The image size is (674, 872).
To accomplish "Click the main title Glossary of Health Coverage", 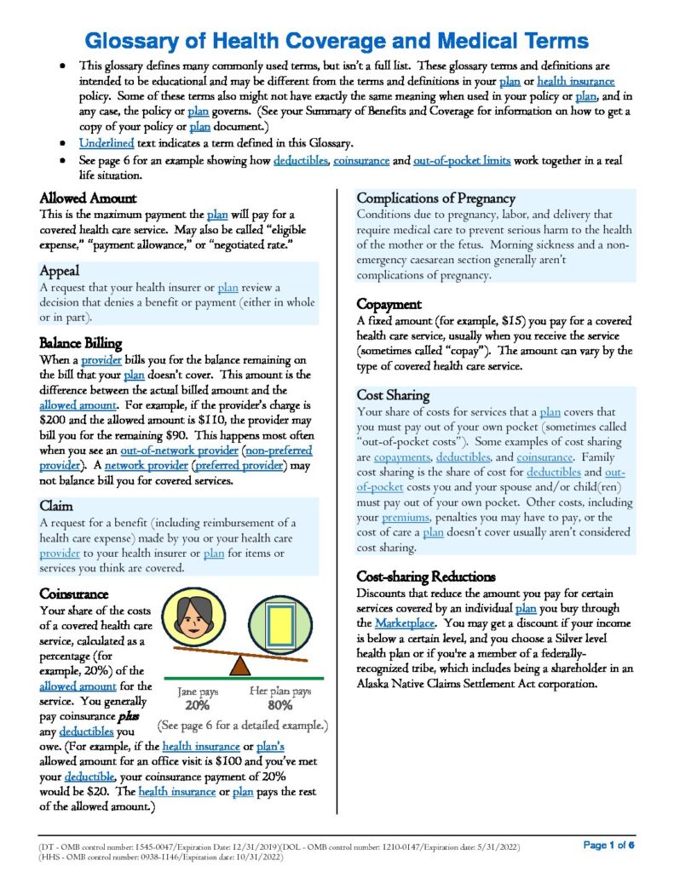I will point(337,40).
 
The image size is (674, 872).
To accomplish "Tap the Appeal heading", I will point(60,270).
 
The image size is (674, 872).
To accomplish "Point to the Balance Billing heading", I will point(80,343).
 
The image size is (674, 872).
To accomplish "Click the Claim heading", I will point(55,506).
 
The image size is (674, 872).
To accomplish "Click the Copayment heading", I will point(390,304).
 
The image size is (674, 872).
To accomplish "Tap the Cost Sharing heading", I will point(393,395).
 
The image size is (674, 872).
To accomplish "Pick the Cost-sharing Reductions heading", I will point(426,577).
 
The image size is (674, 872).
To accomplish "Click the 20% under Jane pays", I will point(198,706).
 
